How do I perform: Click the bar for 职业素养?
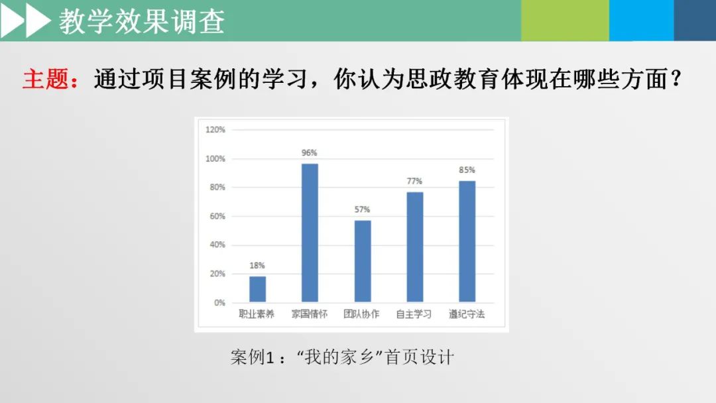click(x=257, y=289)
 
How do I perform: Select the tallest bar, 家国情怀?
click(x=310, y=233)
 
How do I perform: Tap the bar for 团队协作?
click(x=363, y=261)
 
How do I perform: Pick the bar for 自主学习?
click(x=414, y=247)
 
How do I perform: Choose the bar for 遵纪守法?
click(x=467, y=241)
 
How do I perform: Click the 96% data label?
click(x=309, y=153)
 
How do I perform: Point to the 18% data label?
click(x=257, y=265)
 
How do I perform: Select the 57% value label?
click(x=362, y=209)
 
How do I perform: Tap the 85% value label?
click(x=467, y=170)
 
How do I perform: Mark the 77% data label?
click(x=414, y=181)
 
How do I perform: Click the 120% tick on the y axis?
click(x=215, y=130)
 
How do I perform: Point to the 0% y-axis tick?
click(x=219, y=303)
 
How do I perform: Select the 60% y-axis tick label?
click(x=217, y=216)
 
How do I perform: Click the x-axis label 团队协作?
click(x=361, y=314)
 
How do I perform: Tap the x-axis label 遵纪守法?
click(x=466, y=314)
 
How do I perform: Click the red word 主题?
click(x=46, y=79)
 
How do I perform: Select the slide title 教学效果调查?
click(x=142, y=21)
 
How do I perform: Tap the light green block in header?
click(x=565, y=20)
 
